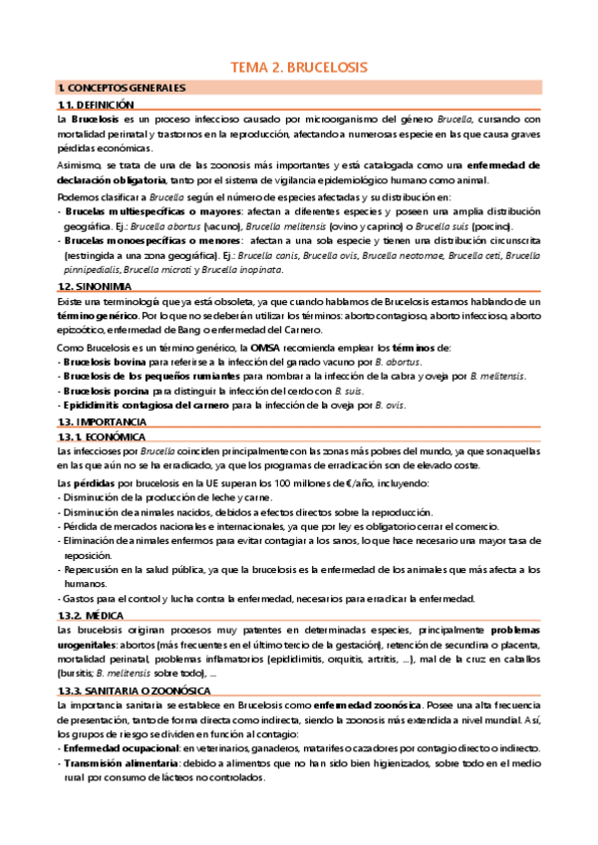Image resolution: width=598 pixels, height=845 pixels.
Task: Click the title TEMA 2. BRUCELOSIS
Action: pyautogui.click(x=299, y=68)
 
